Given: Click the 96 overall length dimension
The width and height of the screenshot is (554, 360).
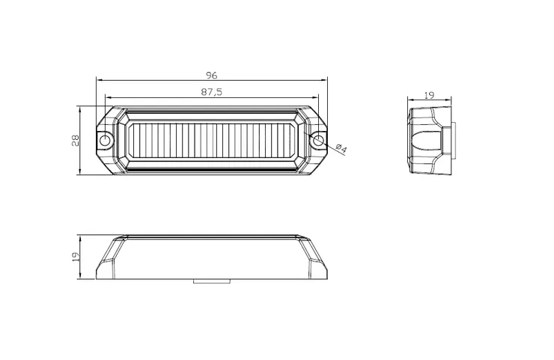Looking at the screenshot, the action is click(x=211, y=76).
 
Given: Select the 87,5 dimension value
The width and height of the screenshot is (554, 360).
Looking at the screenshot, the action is click(x=212, y=92).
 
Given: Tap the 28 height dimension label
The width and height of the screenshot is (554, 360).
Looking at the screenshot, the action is click(x=76, y=141).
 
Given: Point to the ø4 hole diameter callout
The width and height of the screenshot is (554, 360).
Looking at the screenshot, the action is click(x=341, y=149).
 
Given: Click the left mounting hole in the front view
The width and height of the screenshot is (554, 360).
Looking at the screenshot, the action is click(x=105, y=140).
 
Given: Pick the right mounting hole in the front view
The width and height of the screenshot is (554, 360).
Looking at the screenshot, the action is click(x=318, y=140).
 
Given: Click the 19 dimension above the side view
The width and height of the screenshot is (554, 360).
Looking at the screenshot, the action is click(x=429, y=95).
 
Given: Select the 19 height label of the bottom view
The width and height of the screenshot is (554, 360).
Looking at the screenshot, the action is click(x=76, y=257).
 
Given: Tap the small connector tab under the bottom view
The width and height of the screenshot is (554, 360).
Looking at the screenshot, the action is click(x=212, y=281).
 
